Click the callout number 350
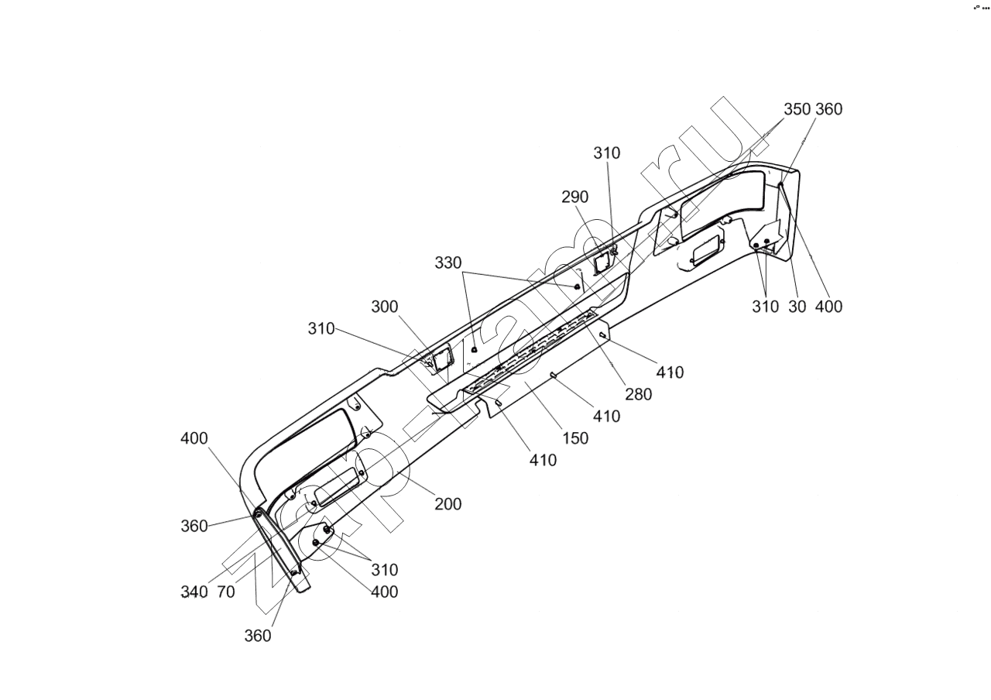click(797, 109)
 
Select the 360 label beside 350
click(828, 109)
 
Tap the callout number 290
click(575, 197)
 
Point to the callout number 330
click(447, 263)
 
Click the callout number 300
click(384, 307)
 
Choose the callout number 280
click(639, 394)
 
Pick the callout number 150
click(575, 438)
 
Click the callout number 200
click(447, 504)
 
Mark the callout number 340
click(194, 592)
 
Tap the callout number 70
click(226, 592)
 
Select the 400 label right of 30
click(828, 307)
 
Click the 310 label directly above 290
click(607, 153)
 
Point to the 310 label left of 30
click(765, 307)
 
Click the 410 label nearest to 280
click(670, 372)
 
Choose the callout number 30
click(797, 307)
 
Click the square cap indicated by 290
click(602, 262)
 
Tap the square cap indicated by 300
click(442, 359)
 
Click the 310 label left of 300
click(321, 328)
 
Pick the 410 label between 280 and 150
click(606, 417)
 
